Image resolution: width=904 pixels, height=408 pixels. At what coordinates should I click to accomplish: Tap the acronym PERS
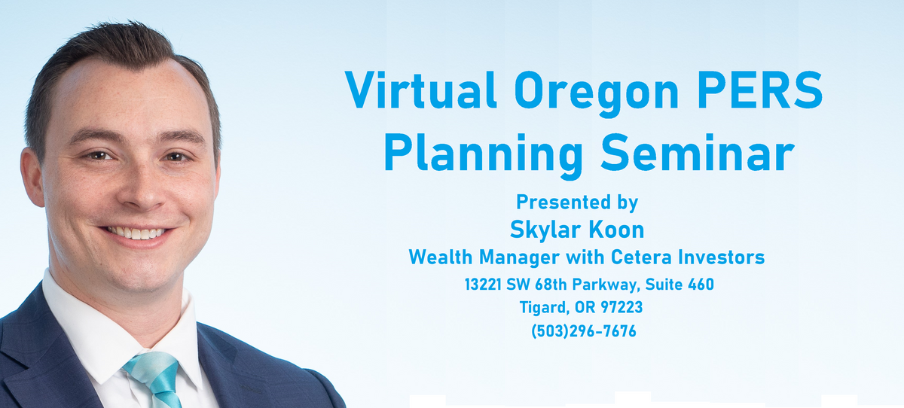coord(760,90)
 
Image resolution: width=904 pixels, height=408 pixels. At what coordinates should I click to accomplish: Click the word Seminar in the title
coord(698,152)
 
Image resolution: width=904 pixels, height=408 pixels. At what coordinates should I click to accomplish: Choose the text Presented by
coord(577,202)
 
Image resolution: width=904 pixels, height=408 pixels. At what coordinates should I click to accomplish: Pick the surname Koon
coord(616,230)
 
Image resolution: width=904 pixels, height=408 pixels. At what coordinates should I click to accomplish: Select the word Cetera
coord(641,257)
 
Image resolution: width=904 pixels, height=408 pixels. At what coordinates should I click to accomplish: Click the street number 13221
coord(483,285)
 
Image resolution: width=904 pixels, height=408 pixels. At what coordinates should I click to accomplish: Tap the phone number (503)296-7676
coord(584,331)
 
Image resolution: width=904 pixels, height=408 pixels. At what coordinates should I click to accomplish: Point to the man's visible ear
coord(32,178)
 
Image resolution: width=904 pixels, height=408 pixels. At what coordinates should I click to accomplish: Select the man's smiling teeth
coord(136,233)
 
